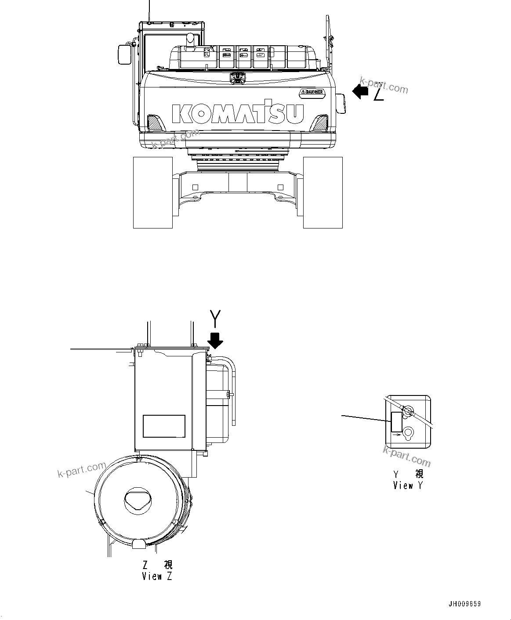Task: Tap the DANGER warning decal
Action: [312, 92]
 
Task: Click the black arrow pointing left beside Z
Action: [360, 92]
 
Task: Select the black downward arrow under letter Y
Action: [215, 340]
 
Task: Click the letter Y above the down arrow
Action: [215, 318]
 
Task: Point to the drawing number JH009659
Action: [464, 604]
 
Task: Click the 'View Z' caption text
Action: [157, 576]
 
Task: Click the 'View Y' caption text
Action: [408, 486]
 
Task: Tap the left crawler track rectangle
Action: [153, 192]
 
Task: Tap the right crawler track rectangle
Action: [323, 192]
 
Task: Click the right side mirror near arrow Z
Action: [341, 104]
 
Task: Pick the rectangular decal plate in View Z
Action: [164, 426]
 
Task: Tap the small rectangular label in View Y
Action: [396, 422]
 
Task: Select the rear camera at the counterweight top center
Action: [238, 78]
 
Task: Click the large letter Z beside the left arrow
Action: [379, 94]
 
